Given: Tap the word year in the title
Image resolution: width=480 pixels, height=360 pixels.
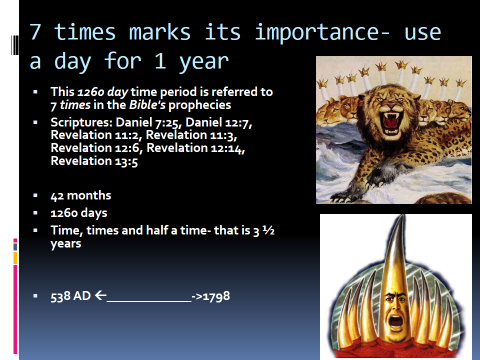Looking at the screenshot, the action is pyautogui.click(x=204, y=62).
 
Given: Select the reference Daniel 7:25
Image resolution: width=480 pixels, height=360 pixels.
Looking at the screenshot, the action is pyautogui.click(x=148, y=123).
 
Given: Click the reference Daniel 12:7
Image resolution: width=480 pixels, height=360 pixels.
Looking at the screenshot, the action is pyautogui.click(x=219, y=123).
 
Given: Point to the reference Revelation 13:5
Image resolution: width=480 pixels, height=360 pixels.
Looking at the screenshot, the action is pyautogui.click(x=94, y=161).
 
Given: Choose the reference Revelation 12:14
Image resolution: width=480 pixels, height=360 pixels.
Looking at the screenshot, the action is pyautogui.click(x=196, y=148).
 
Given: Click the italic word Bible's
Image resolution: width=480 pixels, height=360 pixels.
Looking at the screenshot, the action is pyautogui.click(x=147, y=105).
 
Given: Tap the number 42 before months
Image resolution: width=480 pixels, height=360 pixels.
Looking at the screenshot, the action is pyautogui.click(x=57, y=196).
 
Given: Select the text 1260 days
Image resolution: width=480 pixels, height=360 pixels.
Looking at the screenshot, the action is pyautogui.click(x=79, y=213).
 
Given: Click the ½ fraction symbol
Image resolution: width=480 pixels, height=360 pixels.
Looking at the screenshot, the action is pyautogui.click(x=268, y=230).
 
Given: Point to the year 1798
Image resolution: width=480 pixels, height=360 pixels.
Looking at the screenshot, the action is pyautogui.click(x=216, y=296).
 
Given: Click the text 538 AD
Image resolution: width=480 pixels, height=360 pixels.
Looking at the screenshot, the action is pyautogui.click(x=71, y=296).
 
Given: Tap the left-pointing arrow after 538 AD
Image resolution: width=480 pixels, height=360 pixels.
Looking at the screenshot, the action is pyautogui.click(x=101, y=295).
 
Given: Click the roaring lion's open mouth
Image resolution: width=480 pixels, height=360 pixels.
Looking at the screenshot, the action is pyautogui.click(x=392, y=123).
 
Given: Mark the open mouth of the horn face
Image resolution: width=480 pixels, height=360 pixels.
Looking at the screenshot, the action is pyautogui.click(x=396, y=321).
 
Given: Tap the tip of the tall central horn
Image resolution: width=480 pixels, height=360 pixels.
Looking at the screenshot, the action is pyautogui.click(x=404, y=216).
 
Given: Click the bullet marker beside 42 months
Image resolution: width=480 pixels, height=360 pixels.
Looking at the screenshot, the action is pyautogui.click(x=35, y=196).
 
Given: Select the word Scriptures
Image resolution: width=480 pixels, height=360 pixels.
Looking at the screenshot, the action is pyautogui.click(x=81, y=123).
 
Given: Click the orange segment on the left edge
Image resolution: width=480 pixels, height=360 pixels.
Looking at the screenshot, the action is pyautogui.click(x=15, y=258).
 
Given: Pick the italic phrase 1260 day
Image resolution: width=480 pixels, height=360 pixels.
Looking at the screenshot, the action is pyautogui.click(x=103, y=92).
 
